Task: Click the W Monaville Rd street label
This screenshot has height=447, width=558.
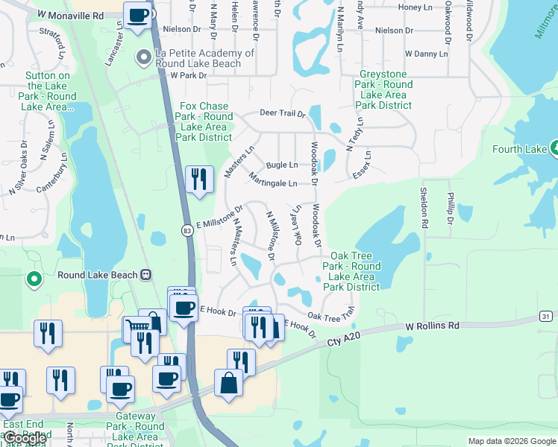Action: pos(70,14)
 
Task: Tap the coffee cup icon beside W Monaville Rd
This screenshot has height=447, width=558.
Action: pos(137,16)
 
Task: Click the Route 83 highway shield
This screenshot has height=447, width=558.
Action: pos(187,231)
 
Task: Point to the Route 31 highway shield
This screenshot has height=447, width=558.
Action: pos(546,317)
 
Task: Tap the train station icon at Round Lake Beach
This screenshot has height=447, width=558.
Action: pos(146,275)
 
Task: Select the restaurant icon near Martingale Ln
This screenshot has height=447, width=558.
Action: pos(198,180)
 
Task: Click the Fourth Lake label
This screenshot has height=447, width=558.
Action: pos(520,149)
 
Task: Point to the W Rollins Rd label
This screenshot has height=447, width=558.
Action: pos(433,326)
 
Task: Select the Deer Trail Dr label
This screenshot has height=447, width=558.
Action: pos(283,114)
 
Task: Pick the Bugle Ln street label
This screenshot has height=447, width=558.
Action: pos(282,165)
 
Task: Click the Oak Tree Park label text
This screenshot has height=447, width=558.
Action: pos(351,271)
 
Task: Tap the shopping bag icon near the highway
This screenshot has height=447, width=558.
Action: pos(228,384)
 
